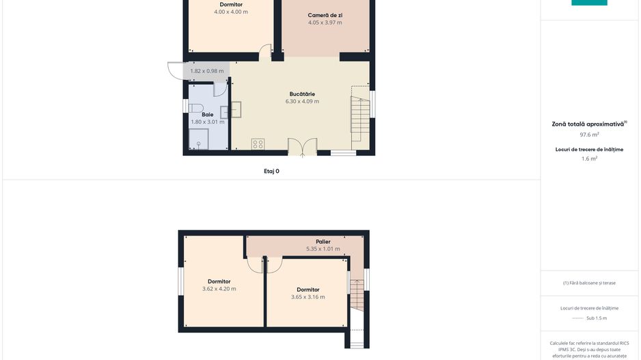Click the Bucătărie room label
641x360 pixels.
click(302, 94)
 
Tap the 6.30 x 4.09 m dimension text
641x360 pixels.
click(302, 101)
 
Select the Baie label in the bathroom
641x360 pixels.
click(207, 114)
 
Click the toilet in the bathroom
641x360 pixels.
click(196, 108)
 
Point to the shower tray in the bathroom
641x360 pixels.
click(198, 139)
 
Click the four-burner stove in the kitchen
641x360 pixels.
click(258, 144)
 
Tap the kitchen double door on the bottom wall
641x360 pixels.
click(303, 147)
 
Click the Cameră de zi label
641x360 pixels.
click(325, 15)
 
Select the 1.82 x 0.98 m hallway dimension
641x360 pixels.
click(207, 70)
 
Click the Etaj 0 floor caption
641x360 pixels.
click(271, 171)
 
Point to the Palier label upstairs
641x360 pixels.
click(323, 242)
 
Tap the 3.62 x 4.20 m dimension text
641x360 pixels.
click(219, 288)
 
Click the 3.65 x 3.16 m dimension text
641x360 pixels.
click(308, 296)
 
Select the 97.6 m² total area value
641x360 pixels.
click(589, 135)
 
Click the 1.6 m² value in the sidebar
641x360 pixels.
click(589, 158)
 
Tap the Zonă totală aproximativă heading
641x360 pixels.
click(589, 124)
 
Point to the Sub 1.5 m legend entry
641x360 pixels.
click(597, 318)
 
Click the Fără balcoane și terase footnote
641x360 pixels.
click(589, 283)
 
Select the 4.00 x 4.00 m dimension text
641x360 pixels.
click(231, 12)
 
